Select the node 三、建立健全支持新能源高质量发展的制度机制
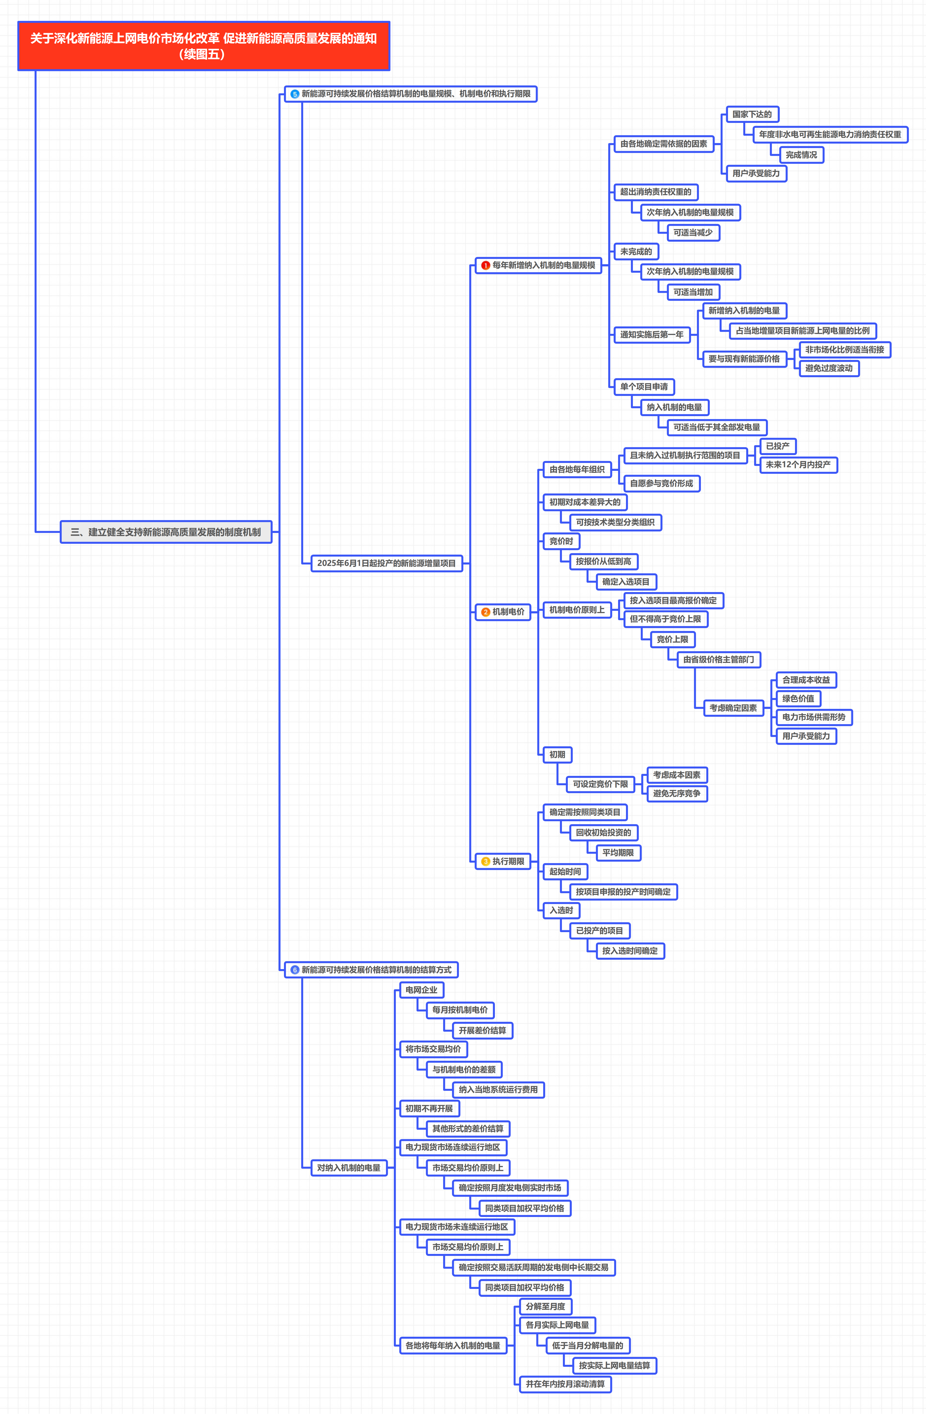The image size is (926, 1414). [166, 532]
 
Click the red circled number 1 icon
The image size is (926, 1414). [486, 266]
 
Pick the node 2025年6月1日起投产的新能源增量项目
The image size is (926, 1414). [386, 563]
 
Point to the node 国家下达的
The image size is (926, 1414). [752, 114]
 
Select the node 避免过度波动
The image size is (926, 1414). [829, 368]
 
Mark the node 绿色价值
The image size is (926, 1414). [798, 699]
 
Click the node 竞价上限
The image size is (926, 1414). [672, 639]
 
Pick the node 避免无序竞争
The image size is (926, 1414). [676, 793]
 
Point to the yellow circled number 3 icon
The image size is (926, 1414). [486, 862]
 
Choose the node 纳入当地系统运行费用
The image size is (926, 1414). [498, 1090]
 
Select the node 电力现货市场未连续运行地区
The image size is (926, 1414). [457, 1227]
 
